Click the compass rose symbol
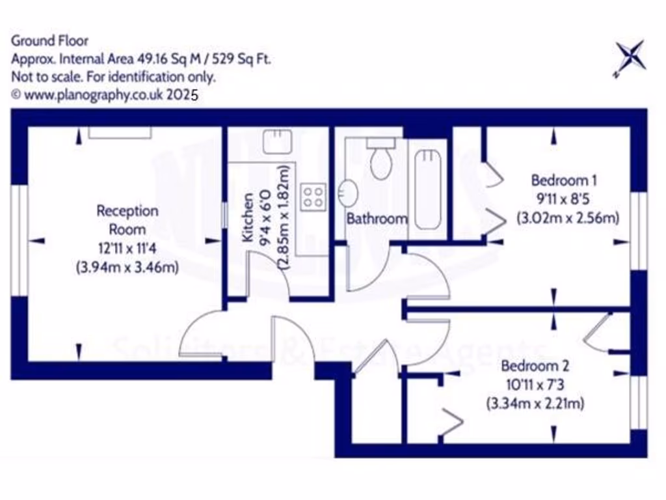click(630, 57)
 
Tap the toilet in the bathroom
click(380, 159)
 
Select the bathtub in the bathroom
click(428, 189)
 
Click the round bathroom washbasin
click(348, 193)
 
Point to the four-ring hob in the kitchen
click(313, 197)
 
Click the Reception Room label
click(127, 220)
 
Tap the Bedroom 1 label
click(564, 180)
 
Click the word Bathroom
click(377, 219)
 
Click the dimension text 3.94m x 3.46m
click(127, 267)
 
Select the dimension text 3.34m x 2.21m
click(535, 404)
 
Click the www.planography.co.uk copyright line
click(104, 94)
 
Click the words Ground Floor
click(49, 41)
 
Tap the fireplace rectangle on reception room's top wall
click(120, 132)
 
